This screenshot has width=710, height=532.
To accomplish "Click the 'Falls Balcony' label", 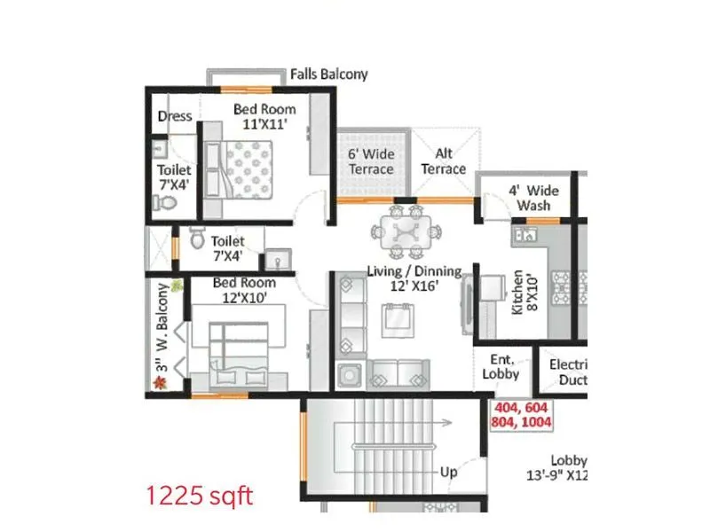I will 328,74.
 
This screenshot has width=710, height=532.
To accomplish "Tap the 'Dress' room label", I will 175,116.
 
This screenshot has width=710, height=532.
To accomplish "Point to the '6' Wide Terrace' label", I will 370,161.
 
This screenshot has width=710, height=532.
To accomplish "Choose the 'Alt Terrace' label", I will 443,161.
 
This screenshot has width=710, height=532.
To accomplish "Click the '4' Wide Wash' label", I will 533,198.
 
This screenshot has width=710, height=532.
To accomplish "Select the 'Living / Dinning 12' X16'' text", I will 415,278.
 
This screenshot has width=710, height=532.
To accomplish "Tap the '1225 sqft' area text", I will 201,495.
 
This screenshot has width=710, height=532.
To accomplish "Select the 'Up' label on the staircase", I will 449,473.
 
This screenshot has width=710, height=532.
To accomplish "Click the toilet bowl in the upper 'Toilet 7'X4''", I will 165,203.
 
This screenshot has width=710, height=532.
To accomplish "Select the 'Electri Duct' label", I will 568,372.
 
